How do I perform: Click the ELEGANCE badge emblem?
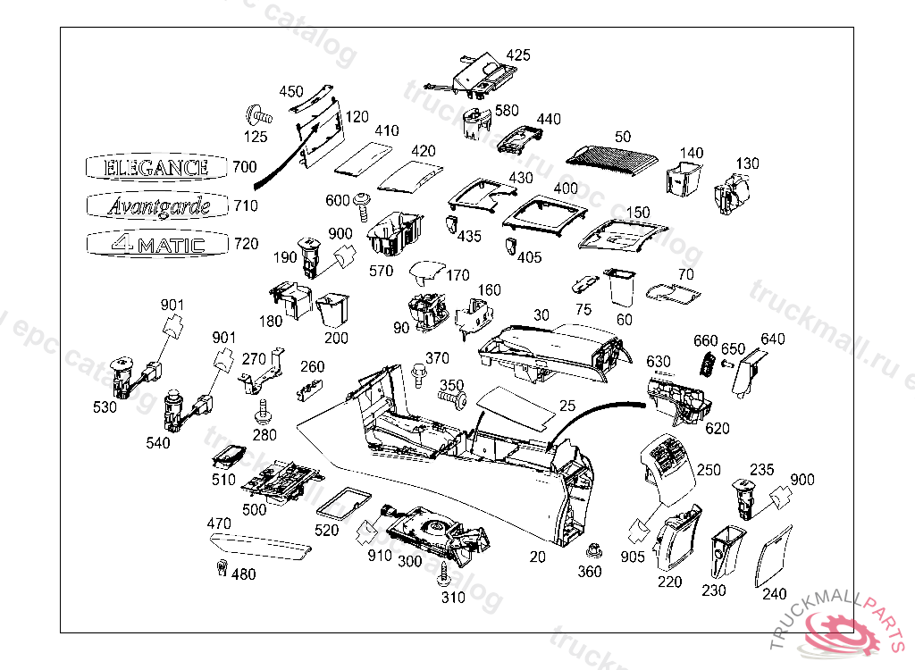point(157,167)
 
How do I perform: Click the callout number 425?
point(518,55)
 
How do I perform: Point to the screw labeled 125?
point(256,115)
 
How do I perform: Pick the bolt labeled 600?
point(364,205)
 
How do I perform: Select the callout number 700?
point(244,167)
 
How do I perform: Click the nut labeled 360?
point(591,548)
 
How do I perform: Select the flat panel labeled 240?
point(773,557)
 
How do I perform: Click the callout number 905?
point(634,557)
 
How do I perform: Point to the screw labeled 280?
point(264,412)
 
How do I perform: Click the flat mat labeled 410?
point(363,157)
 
